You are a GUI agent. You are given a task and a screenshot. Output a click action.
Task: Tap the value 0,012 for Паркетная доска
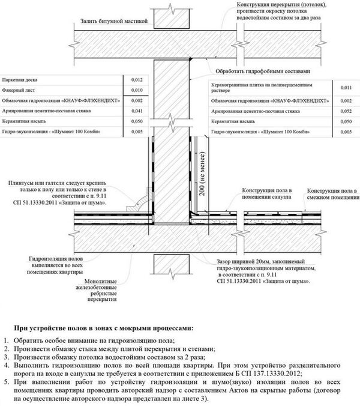(137, 80)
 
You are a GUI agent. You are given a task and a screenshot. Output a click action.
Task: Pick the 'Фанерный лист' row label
(16, 90)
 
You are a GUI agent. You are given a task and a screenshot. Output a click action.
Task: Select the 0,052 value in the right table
(345, 111)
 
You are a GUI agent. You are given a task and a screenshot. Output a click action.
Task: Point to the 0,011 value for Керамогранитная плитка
(345, 88)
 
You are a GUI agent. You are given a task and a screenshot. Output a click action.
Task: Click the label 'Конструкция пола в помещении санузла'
(266, 193)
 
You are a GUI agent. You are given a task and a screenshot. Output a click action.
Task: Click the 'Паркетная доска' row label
(17, 80)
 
